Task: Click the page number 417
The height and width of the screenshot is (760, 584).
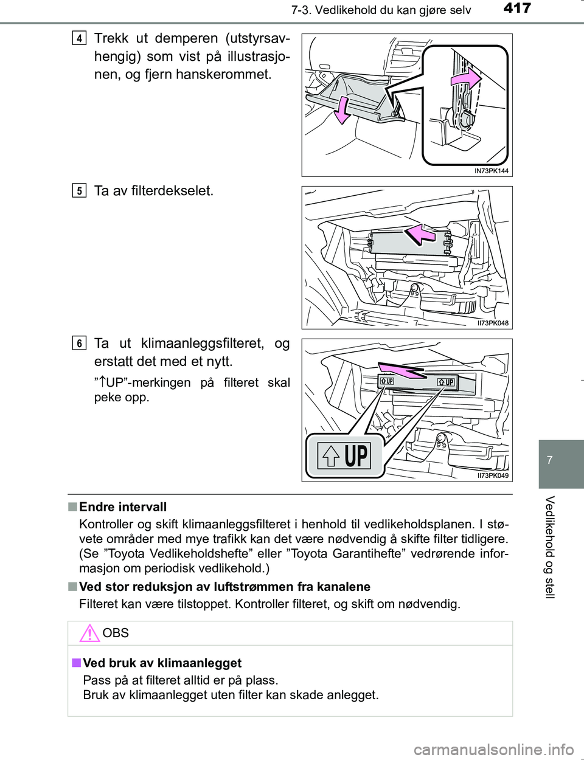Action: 517,9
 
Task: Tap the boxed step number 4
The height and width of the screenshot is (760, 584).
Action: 79,38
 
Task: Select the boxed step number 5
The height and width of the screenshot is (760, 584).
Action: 79,191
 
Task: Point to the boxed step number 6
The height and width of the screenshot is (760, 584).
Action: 79,344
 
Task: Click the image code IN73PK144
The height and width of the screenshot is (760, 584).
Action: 491,171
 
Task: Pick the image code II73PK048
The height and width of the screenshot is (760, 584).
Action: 492,323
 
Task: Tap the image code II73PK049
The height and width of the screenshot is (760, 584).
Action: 492,475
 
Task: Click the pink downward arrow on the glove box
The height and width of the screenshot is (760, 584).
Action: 342,110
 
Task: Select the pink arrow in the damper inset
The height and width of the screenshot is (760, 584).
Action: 466,79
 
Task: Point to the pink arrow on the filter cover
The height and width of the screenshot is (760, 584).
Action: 420,233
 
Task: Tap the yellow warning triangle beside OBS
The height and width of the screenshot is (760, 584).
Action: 89,633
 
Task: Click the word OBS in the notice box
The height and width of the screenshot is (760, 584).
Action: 116,633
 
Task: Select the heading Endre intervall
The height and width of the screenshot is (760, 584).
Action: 123,507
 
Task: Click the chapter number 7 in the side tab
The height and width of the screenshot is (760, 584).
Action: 550,460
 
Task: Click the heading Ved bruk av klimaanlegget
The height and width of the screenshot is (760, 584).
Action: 162,663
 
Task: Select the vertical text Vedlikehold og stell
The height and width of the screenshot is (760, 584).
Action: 550,547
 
